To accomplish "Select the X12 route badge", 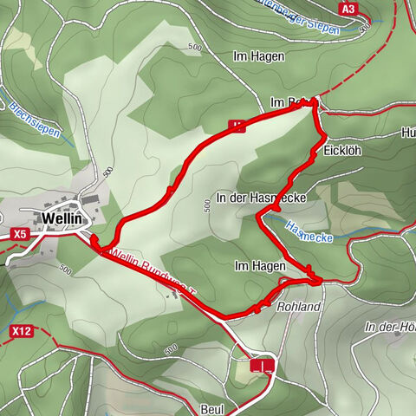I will click(x=22, y=331).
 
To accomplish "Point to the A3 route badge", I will click(x=348, y=9).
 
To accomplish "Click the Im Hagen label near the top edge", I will click(x=252, y=55).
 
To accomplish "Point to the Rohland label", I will click(x=300, y=307).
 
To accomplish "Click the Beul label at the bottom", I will click(x=212, y=407).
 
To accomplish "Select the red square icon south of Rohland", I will click(x=262, y=366).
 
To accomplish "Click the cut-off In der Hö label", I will click(x=390, y=327).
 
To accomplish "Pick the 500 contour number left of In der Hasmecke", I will click(x=206, y=205).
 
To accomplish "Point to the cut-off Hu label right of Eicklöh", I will click(x=408, y=133).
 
